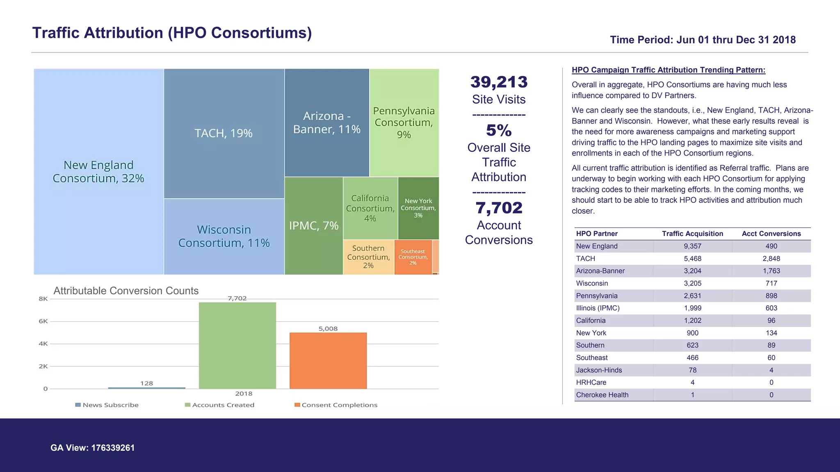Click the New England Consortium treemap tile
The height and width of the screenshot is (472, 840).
(x=98, y=172)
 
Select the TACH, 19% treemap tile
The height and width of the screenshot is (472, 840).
(x=224, y=134)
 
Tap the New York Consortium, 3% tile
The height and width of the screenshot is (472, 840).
(x=418, y=208)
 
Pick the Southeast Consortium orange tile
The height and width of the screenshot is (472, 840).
(x=413, y=257)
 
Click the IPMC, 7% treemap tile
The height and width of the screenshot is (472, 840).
(x=314, y=226)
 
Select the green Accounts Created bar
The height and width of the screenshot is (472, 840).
(x=237, y=345)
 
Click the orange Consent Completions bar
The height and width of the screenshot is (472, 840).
(x=328, y=361)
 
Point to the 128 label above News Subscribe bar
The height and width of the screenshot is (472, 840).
(x=146, y=383)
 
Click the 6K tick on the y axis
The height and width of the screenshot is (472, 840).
(x=43, y=321)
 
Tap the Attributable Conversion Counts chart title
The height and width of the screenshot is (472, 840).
(x=126, y=290)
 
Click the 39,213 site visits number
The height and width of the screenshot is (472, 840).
(x=499, y=82)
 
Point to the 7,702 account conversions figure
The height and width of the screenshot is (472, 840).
(x=499, y=208)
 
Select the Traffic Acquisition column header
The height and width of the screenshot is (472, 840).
(x=692, y=234)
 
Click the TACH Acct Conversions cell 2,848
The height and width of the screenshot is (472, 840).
(x=771, y=259)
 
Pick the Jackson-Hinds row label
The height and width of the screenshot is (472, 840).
(x=599, y=370)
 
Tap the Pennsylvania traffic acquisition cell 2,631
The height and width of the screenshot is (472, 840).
(x=692, y=296)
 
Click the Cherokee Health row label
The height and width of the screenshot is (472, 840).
(x=602, y=395)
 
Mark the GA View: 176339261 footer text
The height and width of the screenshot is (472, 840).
(x=92, y=448)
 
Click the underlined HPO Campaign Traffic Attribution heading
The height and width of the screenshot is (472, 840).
(x=669, y=70)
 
